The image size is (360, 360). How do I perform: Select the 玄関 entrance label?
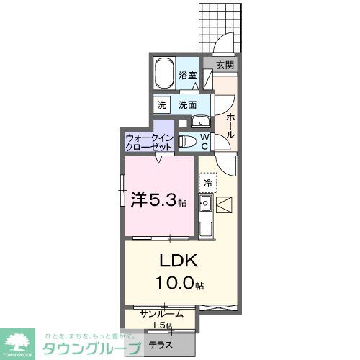click(x=225, y=65)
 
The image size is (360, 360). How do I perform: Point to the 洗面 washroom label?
click(x=188, y=104)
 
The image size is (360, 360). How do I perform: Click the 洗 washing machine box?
click(x=162, y=104)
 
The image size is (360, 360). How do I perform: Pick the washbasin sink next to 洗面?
click(x=199, y=120)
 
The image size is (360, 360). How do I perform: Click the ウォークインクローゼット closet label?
click(x=149, y=140)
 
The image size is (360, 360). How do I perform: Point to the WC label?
click(x=204, y=140)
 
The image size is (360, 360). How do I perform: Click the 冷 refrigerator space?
click(x=207, y=184)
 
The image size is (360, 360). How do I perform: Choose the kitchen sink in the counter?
click(x=204, y=209)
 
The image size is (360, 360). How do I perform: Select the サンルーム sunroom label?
click(x=161, y=314)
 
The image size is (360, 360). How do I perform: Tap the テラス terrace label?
click(x=160, y=345)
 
